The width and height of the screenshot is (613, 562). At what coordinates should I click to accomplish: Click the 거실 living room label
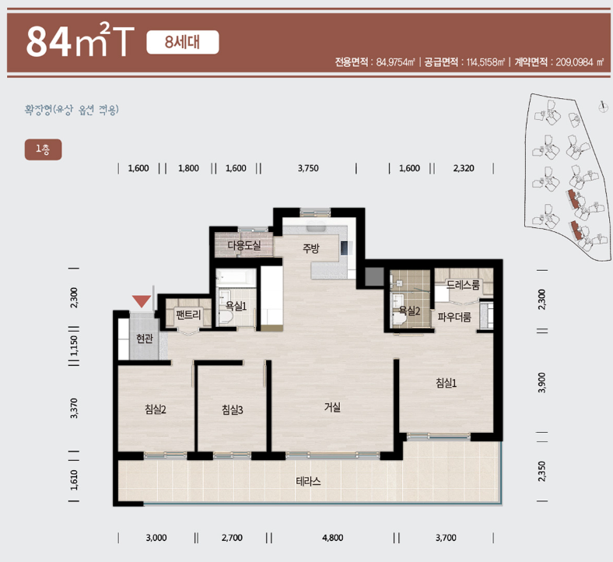click(x=332, y=407)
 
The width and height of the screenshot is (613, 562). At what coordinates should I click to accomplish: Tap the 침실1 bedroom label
click(x=446, y=382)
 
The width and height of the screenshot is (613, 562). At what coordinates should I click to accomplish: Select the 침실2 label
click(x=156, y=409)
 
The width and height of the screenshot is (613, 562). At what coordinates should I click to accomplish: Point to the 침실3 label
click(x=233, y=409)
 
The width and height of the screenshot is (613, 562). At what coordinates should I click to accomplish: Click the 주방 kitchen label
click(x=311, y=248)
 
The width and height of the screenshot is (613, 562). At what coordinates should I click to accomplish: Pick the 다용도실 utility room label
click(x=244, y=245)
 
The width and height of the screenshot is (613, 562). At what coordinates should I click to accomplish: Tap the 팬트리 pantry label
click(x=188, y=314)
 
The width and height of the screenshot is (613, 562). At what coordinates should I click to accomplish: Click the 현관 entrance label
click(x=144, y=338)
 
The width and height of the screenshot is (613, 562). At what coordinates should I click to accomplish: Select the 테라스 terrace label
click(x=309, y=481)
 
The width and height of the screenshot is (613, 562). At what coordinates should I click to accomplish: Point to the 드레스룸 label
click(x=463, y=284)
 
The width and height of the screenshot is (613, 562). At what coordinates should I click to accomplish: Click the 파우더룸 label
click(x=454, y=316)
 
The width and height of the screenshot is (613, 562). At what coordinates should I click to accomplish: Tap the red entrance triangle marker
click(x=142, y=300)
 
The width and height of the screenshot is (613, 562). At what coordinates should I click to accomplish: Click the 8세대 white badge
click(x=183, y=42)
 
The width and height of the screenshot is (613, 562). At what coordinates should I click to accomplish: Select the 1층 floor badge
click(x=43, y=149)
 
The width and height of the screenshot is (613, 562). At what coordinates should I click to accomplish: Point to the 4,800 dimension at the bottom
click(x=333, y=538)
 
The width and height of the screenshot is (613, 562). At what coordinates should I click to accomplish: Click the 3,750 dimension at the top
click(x=308, y=168)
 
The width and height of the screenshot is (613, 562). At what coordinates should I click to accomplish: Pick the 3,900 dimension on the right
click(x=542, y=382)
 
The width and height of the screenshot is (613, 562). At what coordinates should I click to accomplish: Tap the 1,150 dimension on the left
click(x=74, y=346)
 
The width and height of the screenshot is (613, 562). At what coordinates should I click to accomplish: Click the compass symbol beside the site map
click(x=603, y=107)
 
